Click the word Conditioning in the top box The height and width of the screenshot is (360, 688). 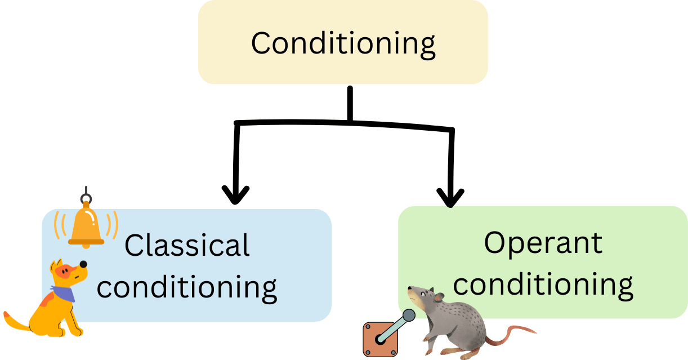tap(343, 43)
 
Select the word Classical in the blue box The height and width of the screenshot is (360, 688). tap(187, 246)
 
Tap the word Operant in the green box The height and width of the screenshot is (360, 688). tap(543, 243)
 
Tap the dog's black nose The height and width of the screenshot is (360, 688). tap(83, 264)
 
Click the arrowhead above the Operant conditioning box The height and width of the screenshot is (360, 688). tap(451, 197)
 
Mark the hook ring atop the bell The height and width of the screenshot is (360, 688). tap(86, 198)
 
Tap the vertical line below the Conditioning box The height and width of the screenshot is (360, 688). tap(350, 104)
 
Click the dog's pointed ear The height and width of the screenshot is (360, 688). tap(55, 266)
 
